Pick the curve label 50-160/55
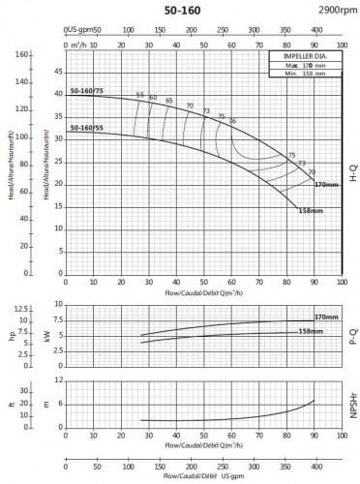pyautogui.click(x=87, y=127)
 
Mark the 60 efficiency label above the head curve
pyautogui.click(x=153, y=97)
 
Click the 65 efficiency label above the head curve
pyautogui.click(x=169, y=101)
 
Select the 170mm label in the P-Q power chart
pyautogui.click(x=326, y=318)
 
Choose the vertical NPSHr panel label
pyautogui.click(x=351, y=407)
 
